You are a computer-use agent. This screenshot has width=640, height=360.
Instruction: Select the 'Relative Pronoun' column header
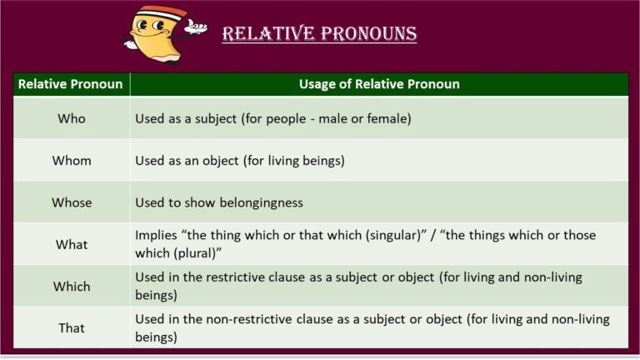pyautogui.click(x=71, y=84)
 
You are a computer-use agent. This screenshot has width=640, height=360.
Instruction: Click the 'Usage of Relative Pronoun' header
pyautogui.click(x=379, y=84)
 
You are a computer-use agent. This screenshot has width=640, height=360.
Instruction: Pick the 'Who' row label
pyautogui.click(x=72, y=118)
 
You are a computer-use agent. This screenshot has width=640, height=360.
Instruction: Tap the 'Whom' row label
pyautogui.click(x=72, y=160)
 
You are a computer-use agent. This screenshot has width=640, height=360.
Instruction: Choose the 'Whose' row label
pyautogui.click(x=72, y=202)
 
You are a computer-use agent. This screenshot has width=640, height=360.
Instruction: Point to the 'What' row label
pyautogui.click(x=72, y=244)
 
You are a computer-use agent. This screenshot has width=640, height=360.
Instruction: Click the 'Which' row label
pyautogui.click(x=72, y=286)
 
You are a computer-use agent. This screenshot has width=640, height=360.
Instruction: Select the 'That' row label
pyautogui.click(x=72, y=327)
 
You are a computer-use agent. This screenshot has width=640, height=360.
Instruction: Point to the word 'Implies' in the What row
pyautogui.click(x=154, y=235)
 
